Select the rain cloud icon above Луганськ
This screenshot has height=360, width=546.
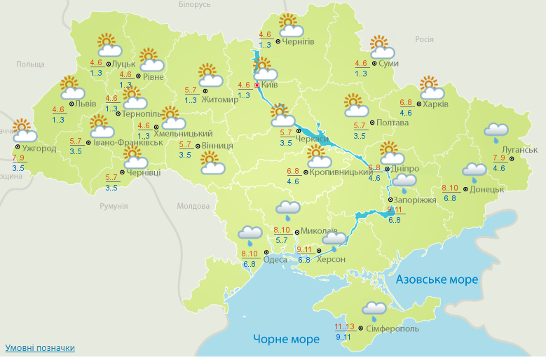click(496, 131)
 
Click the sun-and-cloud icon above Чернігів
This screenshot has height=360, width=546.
click(290, 26)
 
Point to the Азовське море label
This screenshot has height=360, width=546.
click(437, 279)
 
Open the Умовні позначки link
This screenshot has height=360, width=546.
click(40, 348)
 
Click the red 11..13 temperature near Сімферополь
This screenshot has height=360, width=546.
click(344, 326)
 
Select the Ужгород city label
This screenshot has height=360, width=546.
click(39, 148)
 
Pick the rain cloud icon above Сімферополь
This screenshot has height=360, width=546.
click(373, 309)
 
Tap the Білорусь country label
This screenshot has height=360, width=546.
click(194, 5)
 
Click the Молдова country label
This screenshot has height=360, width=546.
click(193, 207)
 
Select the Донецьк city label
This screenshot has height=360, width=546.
click(487, 189)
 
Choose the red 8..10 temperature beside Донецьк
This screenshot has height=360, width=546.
click(450, 188)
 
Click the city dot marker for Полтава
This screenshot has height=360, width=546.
click(371, 123)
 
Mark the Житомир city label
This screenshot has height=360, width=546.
click(220, 99)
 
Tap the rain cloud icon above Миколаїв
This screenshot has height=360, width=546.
click(288, 209)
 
